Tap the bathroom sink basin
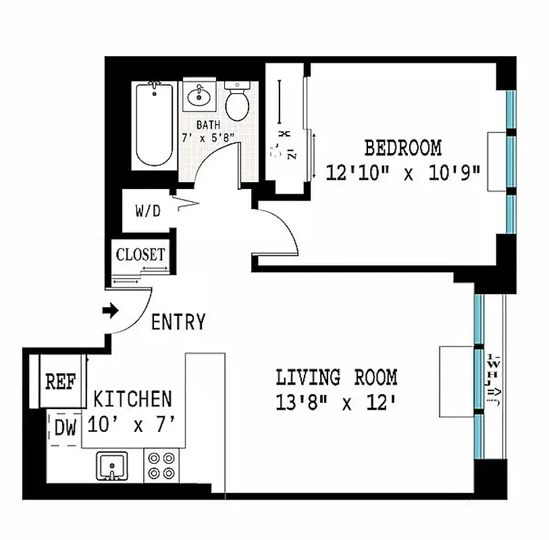point(199,97)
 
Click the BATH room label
point(207,125)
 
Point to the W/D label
point(148,211)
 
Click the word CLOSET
point(140,255)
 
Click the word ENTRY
point(178,323)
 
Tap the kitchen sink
point(112,466)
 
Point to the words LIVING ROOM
point(336,377)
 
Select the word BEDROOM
point(403,147)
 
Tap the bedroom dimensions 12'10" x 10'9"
point(403,172)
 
